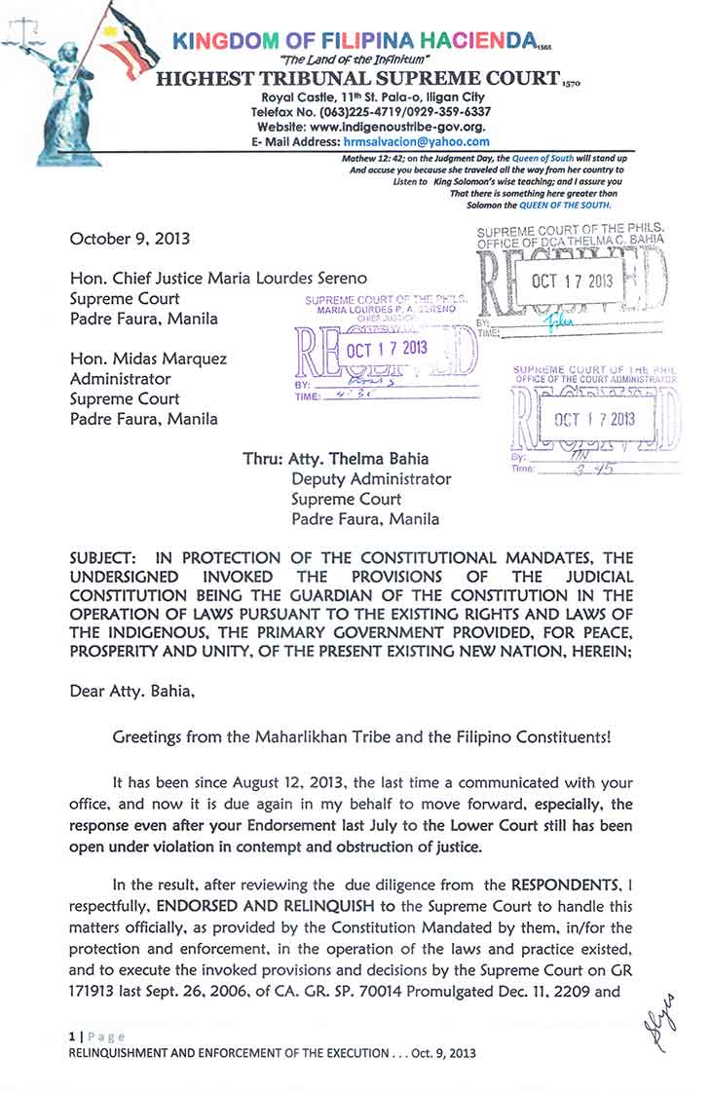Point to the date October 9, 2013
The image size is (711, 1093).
coord(131,239)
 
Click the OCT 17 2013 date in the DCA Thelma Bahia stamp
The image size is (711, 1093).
coord(574,282)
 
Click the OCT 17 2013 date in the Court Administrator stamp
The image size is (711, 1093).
coord(594,419)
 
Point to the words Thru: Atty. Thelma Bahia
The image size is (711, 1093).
coord(335,459)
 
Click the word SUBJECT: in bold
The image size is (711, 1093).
coord(104,558)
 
